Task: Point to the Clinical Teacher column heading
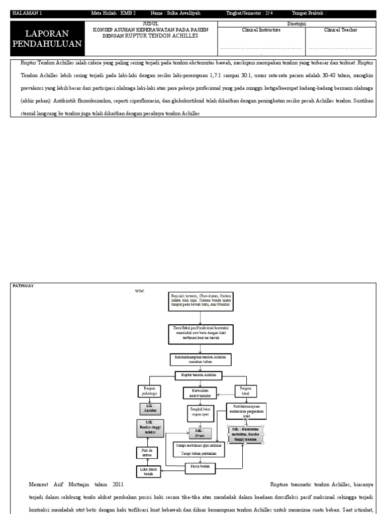point(341,30)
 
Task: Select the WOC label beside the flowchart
point(139,291)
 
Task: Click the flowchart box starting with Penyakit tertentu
point(201,300)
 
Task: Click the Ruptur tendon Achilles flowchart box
point(201,374)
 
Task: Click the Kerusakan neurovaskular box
point(200,392)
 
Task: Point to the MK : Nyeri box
point(200,433)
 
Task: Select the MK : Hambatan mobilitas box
point(246,434)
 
